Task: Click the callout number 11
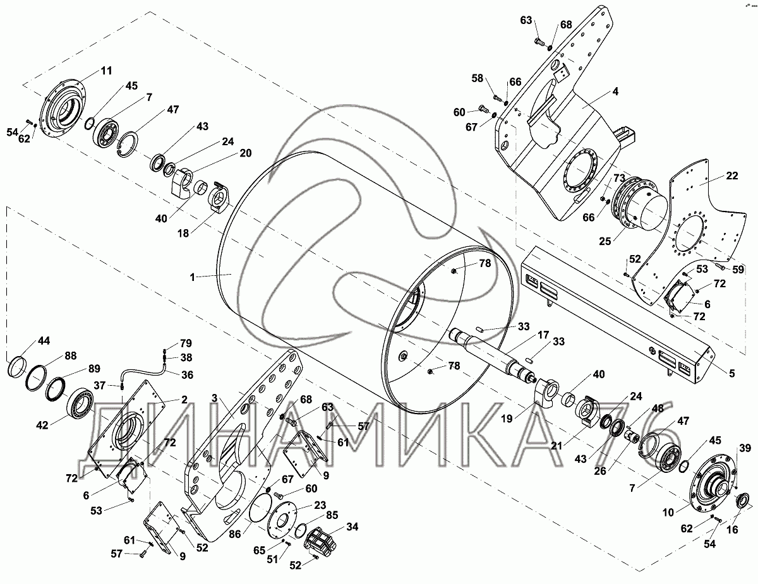pyautogui.click(x=106, y=71)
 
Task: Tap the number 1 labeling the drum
pyautogui.click(x=192, y=277)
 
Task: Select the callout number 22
pyautogui.click(x=732, y=176)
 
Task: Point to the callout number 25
pyautogui.click(x=605, y=241)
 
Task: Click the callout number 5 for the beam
pyautogui.click(x=732, y=373)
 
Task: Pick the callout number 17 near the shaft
pyautogui.click(x=543, y=335)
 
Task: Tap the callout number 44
pyautogui.click(x=44, y=340)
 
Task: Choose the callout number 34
pyautogui.click(x=352, y=527)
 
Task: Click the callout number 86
pyautogui.click(x=235, y=534)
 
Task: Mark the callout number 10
pyautogui.click(x=668, y=513)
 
